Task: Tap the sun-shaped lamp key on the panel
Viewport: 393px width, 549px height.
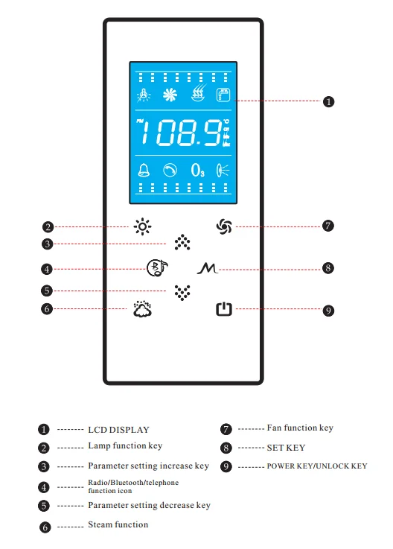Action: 142,227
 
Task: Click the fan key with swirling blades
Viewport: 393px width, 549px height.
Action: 224,226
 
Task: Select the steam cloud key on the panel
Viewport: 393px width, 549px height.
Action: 142,309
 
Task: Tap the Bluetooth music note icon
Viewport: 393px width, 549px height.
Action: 157,268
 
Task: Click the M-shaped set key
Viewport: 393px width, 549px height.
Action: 208,268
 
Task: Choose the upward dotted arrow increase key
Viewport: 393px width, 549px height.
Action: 182,242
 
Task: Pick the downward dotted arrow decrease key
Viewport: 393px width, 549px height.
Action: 182,292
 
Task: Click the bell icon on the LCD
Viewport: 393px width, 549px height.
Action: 144,170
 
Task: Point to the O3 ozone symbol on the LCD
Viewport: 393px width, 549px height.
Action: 198,171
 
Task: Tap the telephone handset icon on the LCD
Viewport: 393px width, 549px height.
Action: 170,171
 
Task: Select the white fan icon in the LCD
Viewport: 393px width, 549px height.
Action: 170,95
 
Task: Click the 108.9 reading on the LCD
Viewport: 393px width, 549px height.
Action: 182,133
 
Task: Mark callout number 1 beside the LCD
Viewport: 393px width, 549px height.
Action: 328,102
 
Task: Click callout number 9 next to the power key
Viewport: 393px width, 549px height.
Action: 328,311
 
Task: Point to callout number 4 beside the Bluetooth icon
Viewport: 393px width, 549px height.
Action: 47,269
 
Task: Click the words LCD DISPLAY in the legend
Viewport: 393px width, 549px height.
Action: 118,430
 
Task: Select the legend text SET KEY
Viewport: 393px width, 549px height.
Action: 286,448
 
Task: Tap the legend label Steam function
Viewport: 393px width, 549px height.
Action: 118,524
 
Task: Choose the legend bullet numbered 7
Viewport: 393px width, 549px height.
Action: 226,429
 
